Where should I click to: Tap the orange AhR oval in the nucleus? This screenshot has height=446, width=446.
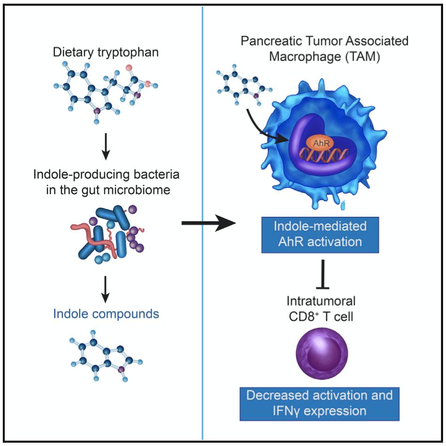[x=320, y=142]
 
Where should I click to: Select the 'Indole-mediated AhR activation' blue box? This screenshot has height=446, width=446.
[x=320, y=234]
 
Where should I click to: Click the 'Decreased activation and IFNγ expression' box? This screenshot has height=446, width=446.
[x=320, y=403]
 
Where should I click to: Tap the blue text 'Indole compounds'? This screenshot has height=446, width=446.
[x=106, y=314]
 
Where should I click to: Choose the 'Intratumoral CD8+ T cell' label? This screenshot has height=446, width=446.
[x=321, y=308]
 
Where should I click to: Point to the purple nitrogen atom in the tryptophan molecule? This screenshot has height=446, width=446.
[x=96, y=112]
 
